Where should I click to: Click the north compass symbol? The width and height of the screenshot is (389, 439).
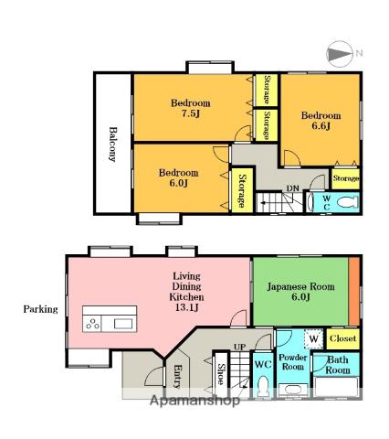[340, 54]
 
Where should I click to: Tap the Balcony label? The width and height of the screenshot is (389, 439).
[113, 144]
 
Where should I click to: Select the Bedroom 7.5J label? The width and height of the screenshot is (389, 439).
[191, 108]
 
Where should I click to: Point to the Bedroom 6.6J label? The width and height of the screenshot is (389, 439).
[321, 121]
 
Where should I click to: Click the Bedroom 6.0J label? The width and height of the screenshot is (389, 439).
[179, 177]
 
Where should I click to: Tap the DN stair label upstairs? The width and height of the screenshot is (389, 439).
[293, 188]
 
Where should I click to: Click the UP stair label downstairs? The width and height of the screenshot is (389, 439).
[240, 347]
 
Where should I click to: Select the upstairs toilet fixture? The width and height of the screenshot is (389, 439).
[349, 201]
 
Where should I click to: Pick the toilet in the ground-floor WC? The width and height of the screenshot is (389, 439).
[262, 385]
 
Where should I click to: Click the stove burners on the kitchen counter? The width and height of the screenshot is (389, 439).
[92, 324]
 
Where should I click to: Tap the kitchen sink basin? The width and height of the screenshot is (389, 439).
[123, 324]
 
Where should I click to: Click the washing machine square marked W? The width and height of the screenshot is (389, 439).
[314, 338]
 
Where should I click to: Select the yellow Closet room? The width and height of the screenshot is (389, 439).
[343, 338]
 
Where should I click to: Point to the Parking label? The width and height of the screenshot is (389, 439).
[40, 309]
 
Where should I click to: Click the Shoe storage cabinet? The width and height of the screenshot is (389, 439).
[221, 375]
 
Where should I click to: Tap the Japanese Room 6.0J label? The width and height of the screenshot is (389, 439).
[300, 292]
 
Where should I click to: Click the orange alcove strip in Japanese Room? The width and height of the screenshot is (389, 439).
[354, 292]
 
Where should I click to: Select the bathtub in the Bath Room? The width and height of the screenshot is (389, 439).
[336, 387]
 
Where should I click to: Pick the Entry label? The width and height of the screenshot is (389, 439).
[177, 377]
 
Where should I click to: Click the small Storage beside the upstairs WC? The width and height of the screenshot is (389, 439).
[346, 178]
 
